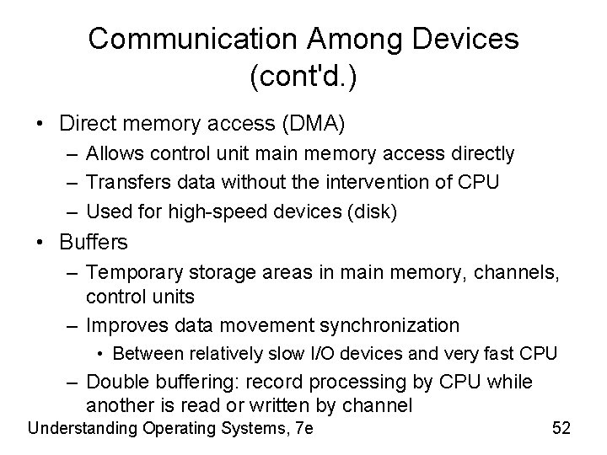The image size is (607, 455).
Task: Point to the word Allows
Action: coord(115,153)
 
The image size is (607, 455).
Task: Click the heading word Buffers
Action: coord(94,243)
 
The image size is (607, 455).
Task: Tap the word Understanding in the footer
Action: coord(81,428)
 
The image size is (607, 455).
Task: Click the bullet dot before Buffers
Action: coord(40,244)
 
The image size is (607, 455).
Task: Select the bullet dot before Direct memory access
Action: coord(40,124)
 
